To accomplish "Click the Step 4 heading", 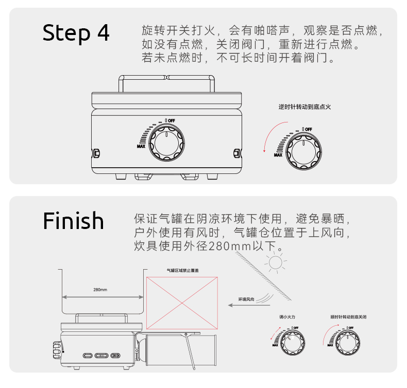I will pyautogui.click(x=76, y=32).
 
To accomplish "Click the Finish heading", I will pyautogui.click(x=73, y=221).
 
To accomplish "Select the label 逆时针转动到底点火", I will pyautogui.click(x=304, y=107).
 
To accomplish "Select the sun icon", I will pyautogui.click(x=276, y=263).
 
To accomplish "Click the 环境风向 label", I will pyautogui.click(x=246, y=298).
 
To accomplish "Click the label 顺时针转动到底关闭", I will pyautogui.click(x=348, y=317).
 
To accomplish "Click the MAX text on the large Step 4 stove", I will pyautogui.click(x=141, y=146).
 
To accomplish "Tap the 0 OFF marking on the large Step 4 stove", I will pyautogui.click(x=170, y=120).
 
